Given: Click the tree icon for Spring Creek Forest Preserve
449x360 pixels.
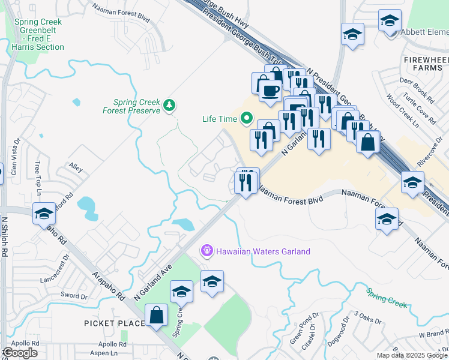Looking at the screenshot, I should pyautogui.click(x=170, y=106).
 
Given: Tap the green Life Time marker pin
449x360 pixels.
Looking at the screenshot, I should pyautogui.click(x=246, y=118).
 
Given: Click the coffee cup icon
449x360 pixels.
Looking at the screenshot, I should pyautogui.click(x=269, y=91).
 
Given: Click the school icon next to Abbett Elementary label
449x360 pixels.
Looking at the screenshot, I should pyautogui.click(x=390, y=22).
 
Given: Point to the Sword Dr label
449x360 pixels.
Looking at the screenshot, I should pyautogui.click(x=74, y=296).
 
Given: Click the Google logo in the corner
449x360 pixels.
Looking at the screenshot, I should pyautogui.click(x=20, y=352).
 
